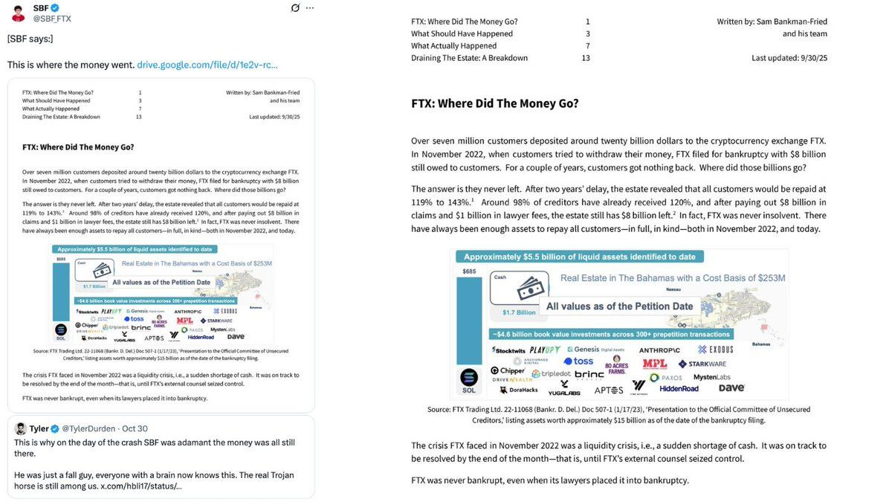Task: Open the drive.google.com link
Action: (207, 65)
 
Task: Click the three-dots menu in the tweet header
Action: (310, 8)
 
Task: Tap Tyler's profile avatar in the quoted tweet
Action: (21, 428)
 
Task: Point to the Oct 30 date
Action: (134, 428)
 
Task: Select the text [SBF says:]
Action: (30, 39)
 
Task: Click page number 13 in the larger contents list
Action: (586, 58)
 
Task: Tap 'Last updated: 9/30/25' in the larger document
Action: (789, 58)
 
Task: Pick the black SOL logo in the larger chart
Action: (468, 379)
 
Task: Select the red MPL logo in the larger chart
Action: (655, 364)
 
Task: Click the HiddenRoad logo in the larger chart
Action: (679, 388)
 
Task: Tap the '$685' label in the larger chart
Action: (469, 271)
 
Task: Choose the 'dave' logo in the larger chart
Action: (731, 387)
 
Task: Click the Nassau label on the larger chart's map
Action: (674, 289)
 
